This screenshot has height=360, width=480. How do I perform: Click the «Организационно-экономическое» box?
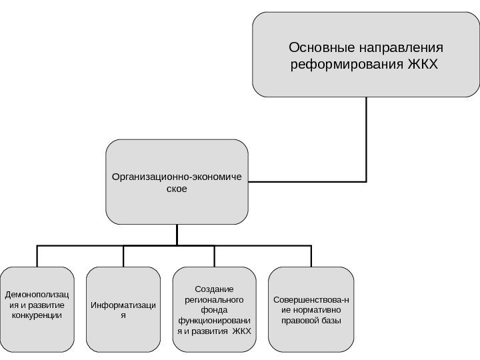tap(177, 182)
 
